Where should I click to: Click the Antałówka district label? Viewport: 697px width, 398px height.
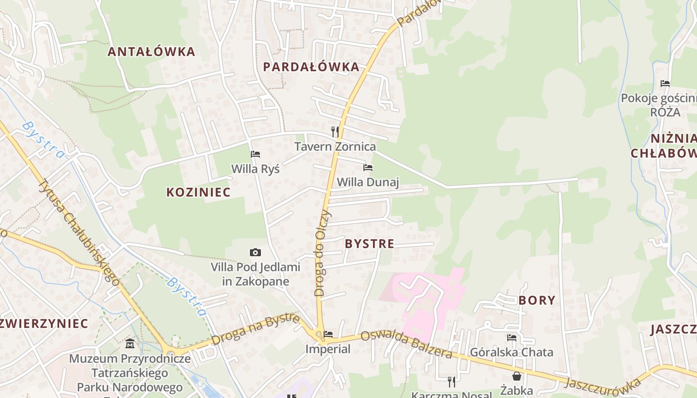(151, 52)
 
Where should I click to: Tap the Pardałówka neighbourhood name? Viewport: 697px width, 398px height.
(311, 67)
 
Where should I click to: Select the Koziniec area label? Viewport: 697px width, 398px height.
(198, 193)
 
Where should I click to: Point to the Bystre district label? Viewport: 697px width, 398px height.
(369, 244)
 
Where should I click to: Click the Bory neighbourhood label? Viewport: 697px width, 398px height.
(537, 300)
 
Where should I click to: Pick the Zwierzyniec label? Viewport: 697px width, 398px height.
(44, 323)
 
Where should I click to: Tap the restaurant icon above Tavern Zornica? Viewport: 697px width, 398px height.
(335, 132)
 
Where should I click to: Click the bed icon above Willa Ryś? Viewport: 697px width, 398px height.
(255, 154)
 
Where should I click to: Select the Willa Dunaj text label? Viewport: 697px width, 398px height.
(368, 182)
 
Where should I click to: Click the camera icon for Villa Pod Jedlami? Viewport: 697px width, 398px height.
(255, 253)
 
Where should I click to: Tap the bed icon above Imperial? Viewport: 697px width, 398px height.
(328, 334)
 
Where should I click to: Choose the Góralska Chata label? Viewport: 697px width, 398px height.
(511, 352)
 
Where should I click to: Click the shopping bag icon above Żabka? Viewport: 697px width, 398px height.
(517, 376)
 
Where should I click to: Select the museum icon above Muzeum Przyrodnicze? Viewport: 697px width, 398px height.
(130, 343)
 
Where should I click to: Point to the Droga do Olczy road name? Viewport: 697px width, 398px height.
(322, 254)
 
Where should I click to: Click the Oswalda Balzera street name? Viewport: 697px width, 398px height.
(406, 344)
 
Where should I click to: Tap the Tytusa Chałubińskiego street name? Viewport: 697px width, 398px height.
(79, 232)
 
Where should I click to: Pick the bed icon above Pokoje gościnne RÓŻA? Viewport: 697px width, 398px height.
(665, 84)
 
